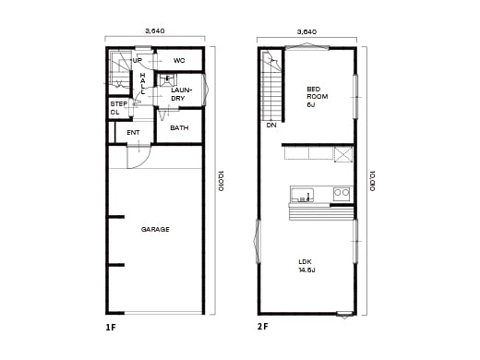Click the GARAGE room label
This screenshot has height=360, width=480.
pos(155,229)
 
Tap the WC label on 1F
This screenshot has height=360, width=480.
pos(179,61)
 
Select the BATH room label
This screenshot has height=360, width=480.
pos(179,128)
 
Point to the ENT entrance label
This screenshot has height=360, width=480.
pos(133,133)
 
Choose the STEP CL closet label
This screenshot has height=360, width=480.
pos(118,108)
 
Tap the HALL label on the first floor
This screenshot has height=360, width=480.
pos(143,85)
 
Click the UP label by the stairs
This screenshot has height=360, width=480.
pos(137,61)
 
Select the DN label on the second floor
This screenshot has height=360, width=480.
pos(270,125)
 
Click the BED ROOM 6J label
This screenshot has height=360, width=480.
pos(317,97)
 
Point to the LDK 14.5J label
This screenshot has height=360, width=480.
pos(306,266)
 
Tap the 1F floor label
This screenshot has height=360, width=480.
pos(111,328)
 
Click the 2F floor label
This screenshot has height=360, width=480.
pos(263,328)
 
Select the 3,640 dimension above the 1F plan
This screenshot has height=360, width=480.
pos(155,31)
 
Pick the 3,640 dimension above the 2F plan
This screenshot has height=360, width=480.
pos(306,31)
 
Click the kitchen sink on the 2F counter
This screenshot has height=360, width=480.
pos(303,194)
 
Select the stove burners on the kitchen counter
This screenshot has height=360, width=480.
pos(341,194)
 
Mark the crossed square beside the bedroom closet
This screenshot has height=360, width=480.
pos(343,153)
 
